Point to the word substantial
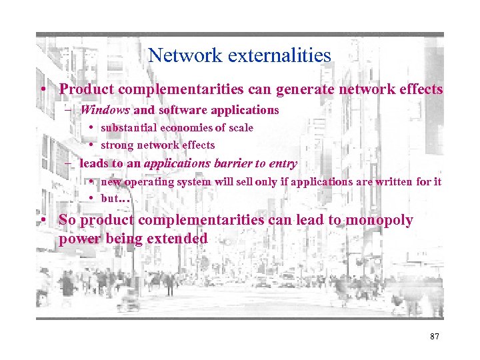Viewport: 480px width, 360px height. point(129,127)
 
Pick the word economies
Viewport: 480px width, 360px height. point(190,127)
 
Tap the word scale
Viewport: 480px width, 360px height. point(240,127)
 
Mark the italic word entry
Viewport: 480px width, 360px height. point(283,163)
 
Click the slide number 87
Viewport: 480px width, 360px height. point(435,337)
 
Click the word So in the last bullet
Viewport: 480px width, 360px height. point(67,220)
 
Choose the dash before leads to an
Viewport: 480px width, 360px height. point(69,163)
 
